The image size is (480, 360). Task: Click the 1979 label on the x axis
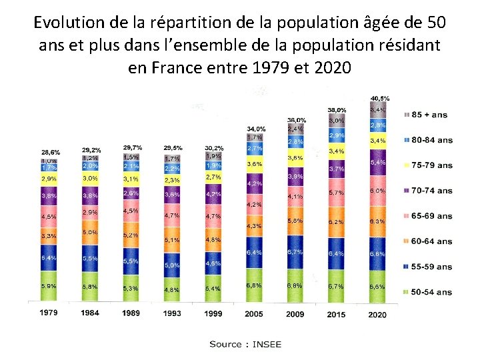[48, 313]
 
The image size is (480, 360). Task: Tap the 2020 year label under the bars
[377, 315]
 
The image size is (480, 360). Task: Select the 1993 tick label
[172, 313]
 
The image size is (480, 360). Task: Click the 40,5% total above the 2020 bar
[380, 99]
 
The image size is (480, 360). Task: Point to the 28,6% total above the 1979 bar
[51, 152]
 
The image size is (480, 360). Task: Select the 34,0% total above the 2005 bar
[256, 129]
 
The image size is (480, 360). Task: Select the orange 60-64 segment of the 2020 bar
[377, 221]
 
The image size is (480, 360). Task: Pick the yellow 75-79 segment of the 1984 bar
[91, 178]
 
